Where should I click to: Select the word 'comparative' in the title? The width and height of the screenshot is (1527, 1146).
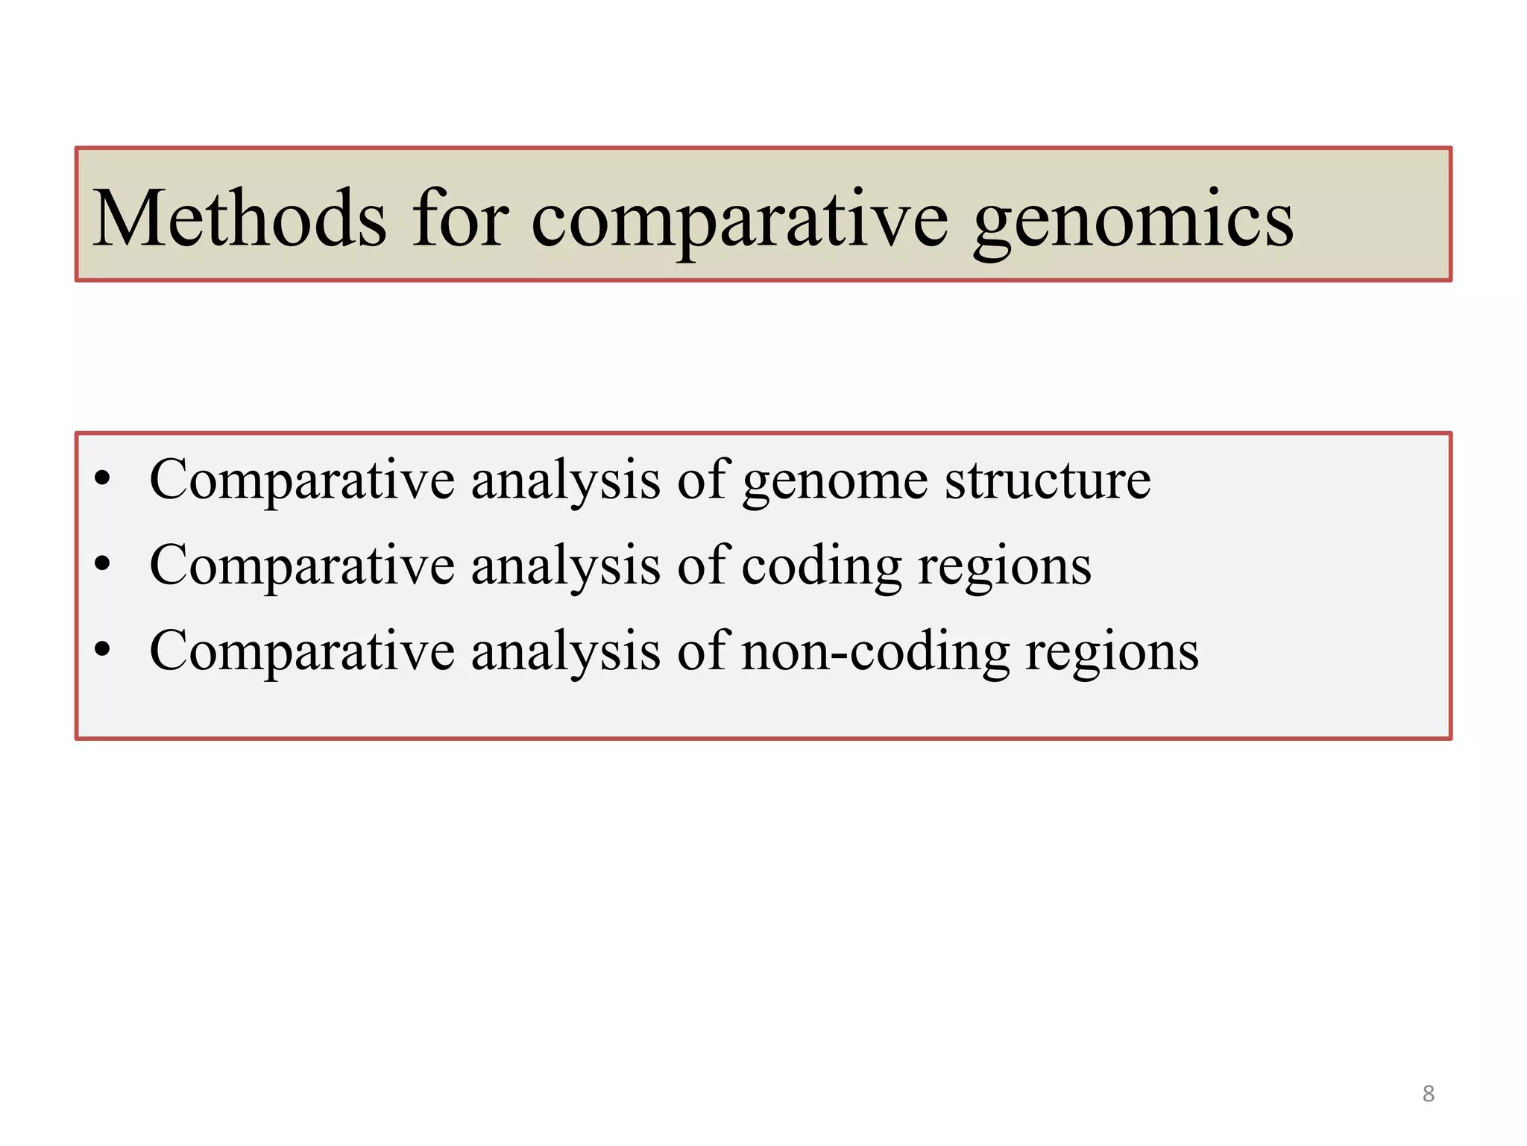click(x=739, y=221)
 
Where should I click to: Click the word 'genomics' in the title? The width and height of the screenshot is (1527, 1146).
click(x=1133, y=221)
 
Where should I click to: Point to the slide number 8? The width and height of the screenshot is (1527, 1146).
click(x=1428, y=1094)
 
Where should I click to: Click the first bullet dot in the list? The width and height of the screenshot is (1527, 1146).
click(x=103, y=478)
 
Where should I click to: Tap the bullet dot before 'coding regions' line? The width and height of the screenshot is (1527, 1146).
click(x=103, y=564)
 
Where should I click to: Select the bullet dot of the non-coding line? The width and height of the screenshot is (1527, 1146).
click(x=103, y=650)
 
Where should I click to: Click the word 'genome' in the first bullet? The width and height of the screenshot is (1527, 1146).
click(x=835, y=482)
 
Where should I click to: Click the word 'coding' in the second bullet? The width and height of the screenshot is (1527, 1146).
click(x=822, y=566)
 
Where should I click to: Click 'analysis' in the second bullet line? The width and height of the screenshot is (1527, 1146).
click(x=566, y=566)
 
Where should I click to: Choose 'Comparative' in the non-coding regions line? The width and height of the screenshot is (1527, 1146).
click(x=302, y=651)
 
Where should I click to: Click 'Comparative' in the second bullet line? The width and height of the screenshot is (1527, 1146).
click(x=302, y=566)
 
